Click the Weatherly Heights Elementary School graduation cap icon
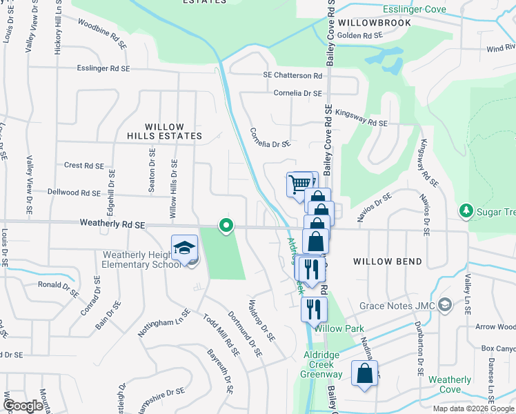185,248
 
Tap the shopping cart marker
300,184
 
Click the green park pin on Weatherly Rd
226,226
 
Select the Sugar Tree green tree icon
466,210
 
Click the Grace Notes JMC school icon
446,304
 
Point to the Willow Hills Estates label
174,131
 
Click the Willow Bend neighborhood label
382,262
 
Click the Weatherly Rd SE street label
112,224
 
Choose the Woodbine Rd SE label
102,43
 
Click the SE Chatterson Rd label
292,75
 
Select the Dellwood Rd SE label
76,192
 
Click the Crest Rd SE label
83,166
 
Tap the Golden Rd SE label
359,35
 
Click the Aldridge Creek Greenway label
321,368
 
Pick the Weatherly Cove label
450,384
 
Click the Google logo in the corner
23,406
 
